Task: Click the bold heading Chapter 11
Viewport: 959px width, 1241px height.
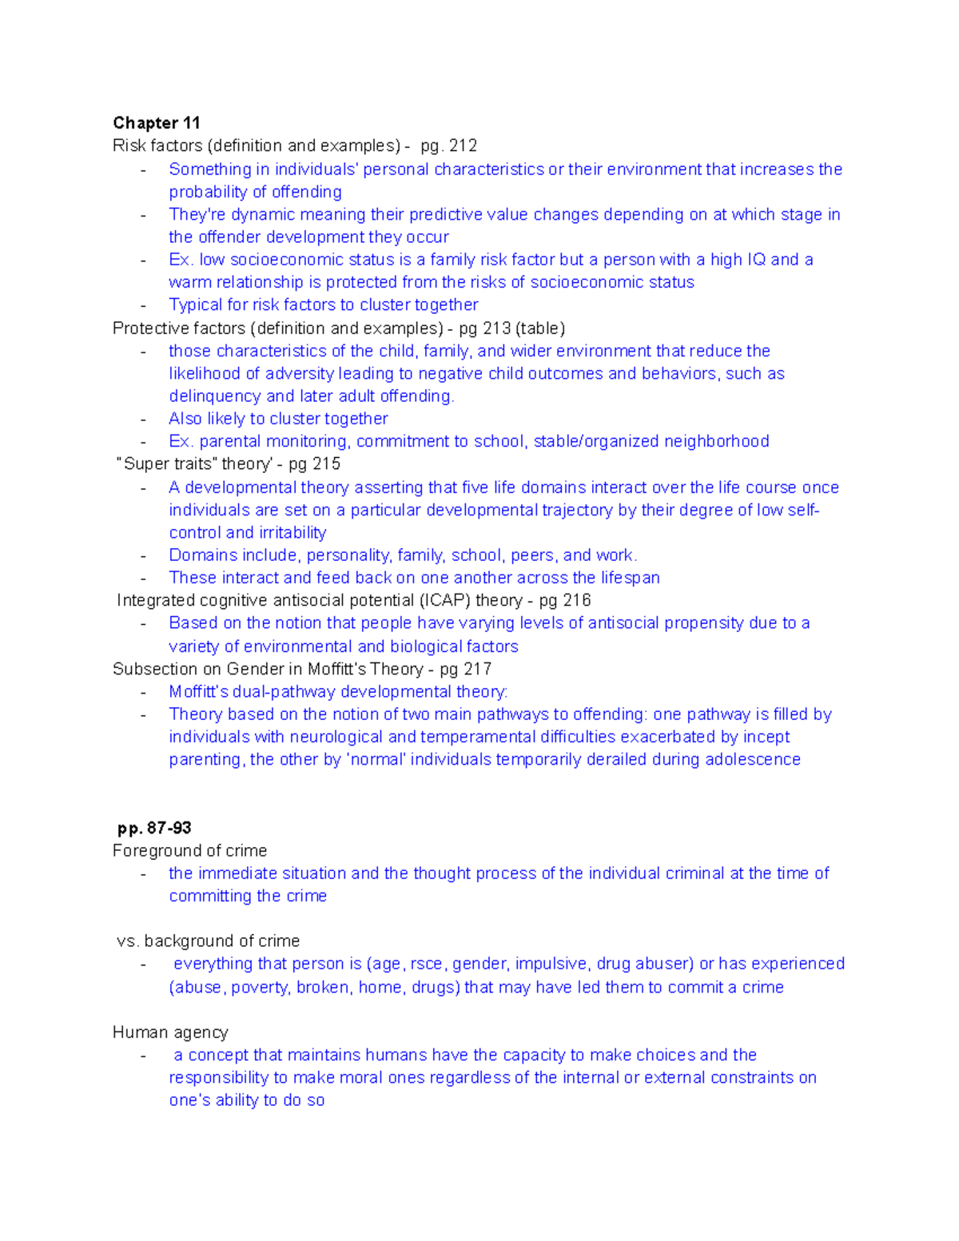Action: click(x=156, y=123)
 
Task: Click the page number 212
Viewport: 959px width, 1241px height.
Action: click(x=463, y=145)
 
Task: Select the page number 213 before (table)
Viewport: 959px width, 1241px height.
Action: click(x=496, y=328)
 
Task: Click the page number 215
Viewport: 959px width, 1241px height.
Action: click(x=325, y=463)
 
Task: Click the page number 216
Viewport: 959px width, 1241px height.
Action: click(x=575, y=600)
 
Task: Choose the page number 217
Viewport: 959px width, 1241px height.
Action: click(x=476, y=669)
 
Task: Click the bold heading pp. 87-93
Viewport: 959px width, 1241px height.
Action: click(x=154, y=828)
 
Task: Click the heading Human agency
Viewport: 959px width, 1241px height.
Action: click(x=170, y=1032)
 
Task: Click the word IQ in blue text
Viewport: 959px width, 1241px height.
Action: click(x=754, y=260)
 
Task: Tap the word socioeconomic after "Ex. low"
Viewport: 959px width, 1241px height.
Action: click(x=286, y=260)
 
